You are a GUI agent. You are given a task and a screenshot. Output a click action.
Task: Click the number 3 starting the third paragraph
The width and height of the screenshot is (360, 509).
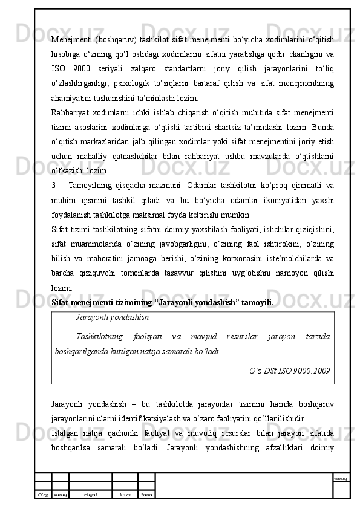click(54, 186)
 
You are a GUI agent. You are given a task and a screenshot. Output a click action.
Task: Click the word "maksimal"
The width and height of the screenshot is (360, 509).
click(172, 213)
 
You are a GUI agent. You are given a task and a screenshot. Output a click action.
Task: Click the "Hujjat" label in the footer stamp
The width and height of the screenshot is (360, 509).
click(91, 494)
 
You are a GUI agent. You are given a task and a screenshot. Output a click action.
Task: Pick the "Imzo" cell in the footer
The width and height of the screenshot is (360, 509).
click(125, 494)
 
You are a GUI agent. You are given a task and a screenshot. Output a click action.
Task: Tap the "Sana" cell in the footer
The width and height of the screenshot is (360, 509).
click(146, 494)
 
